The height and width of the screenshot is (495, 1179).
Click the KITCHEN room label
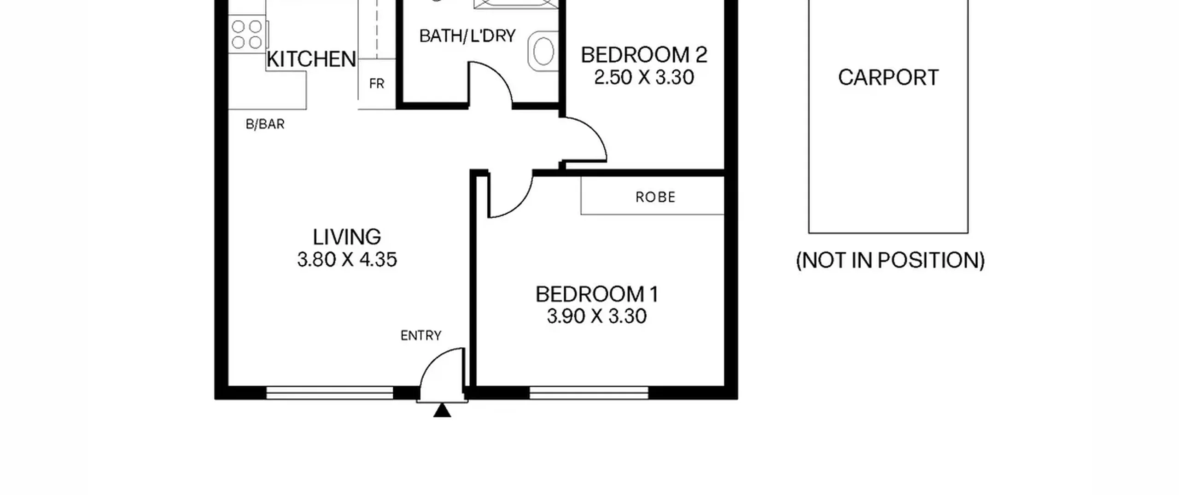coord(311,59)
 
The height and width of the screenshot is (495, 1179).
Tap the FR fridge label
coord(377,84)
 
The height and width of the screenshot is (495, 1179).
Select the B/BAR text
coord(265,124)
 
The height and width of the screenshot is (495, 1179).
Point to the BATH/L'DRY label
coord(467,35)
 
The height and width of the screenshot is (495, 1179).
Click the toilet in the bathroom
coord(543,51)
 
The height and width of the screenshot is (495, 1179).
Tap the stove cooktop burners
coord(247,35)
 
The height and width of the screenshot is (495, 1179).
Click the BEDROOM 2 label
coord(644,55)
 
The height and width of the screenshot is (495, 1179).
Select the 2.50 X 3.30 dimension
coord(644,77)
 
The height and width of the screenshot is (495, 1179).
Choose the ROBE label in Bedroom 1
coord(655,197)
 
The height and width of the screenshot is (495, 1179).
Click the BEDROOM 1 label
coord(597,294)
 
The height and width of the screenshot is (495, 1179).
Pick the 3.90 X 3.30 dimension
coord(597,316)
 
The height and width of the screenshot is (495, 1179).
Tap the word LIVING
coord(347,237)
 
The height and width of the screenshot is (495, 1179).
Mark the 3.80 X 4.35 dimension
coord(347,260)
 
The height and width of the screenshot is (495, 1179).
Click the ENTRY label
coord(421,336)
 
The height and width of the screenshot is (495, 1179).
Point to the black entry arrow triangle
coord(442,410)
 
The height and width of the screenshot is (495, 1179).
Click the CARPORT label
coord(888,77)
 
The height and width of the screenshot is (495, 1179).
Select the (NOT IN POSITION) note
coord(890,261)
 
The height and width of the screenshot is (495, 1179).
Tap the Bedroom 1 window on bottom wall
coord(589,393)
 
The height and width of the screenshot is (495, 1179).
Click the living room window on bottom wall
coord(330,393)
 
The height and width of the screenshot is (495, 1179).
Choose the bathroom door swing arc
coord(500,74)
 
